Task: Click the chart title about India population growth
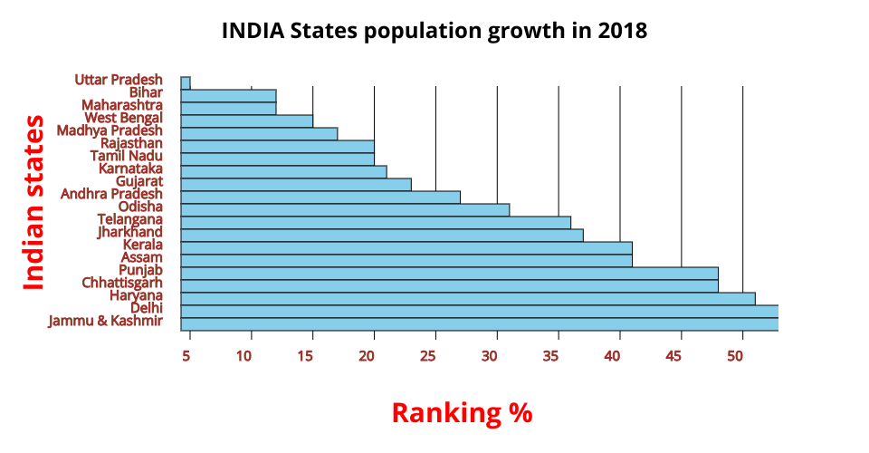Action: [x=434, y=31]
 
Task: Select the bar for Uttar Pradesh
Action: [x=186, y=82]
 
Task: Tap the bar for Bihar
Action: [x=228, y=95]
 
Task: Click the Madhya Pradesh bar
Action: [x=259, y=133]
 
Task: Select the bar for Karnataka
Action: [x=283, y=171]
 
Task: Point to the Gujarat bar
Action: [x=296, y=184]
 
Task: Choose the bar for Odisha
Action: [x=345, y=209]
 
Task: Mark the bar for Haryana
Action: [x=467, y=298]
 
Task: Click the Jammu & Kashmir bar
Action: [x=479, y=323]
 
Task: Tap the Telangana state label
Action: [x=130, y=219]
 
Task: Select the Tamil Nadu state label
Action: [x=127, y=156]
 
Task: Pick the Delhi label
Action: [x=147, y=308]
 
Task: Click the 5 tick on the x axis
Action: [x=186, y=356]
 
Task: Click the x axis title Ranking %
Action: [x=462, y=413]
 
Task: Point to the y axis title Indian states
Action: [x=33, y=202]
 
